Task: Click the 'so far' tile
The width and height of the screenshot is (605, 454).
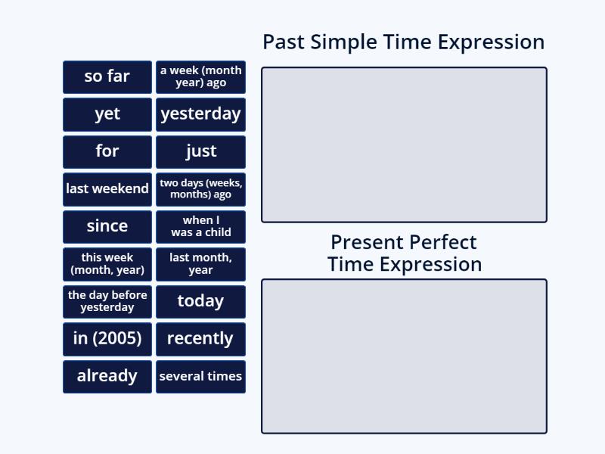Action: click(x=107, y=76)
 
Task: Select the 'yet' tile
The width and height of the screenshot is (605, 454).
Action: click(x=107, y=114)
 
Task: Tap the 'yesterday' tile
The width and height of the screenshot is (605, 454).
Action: click(x=200, y=114)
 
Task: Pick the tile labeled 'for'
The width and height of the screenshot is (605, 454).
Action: click(x=107, y=151)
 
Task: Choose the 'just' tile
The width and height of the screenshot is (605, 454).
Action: click(x=200, y=151)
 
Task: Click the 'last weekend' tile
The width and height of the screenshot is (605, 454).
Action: click(x=107, y=189)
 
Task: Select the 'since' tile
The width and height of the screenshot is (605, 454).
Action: click(x=107, y=226)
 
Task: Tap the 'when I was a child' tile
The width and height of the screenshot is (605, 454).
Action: click(x=200, y=226)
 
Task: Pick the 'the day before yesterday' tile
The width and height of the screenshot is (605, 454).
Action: click(x=107, y=301)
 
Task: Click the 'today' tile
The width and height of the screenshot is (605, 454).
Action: click(x=200, y=301)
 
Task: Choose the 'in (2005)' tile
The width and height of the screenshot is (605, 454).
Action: click(x=107, y=338)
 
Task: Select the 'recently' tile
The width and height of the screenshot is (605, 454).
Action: click(x=200, y=338)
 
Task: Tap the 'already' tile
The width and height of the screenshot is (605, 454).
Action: click(x=107, y=376)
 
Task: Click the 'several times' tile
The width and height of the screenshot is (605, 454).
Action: click(x=200, y=376)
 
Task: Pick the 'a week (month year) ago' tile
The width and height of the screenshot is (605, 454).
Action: click(x=200, y=76)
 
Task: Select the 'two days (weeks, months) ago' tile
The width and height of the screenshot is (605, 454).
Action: click(x=200, y=189)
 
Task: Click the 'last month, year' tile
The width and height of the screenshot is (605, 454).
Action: click(x=200, y=263)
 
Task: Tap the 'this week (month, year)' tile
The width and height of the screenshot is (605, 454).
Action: click(x=107, y=263)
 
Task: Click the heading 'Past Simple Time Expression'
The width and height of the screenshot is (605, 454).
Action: click(x=403, y=42)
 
